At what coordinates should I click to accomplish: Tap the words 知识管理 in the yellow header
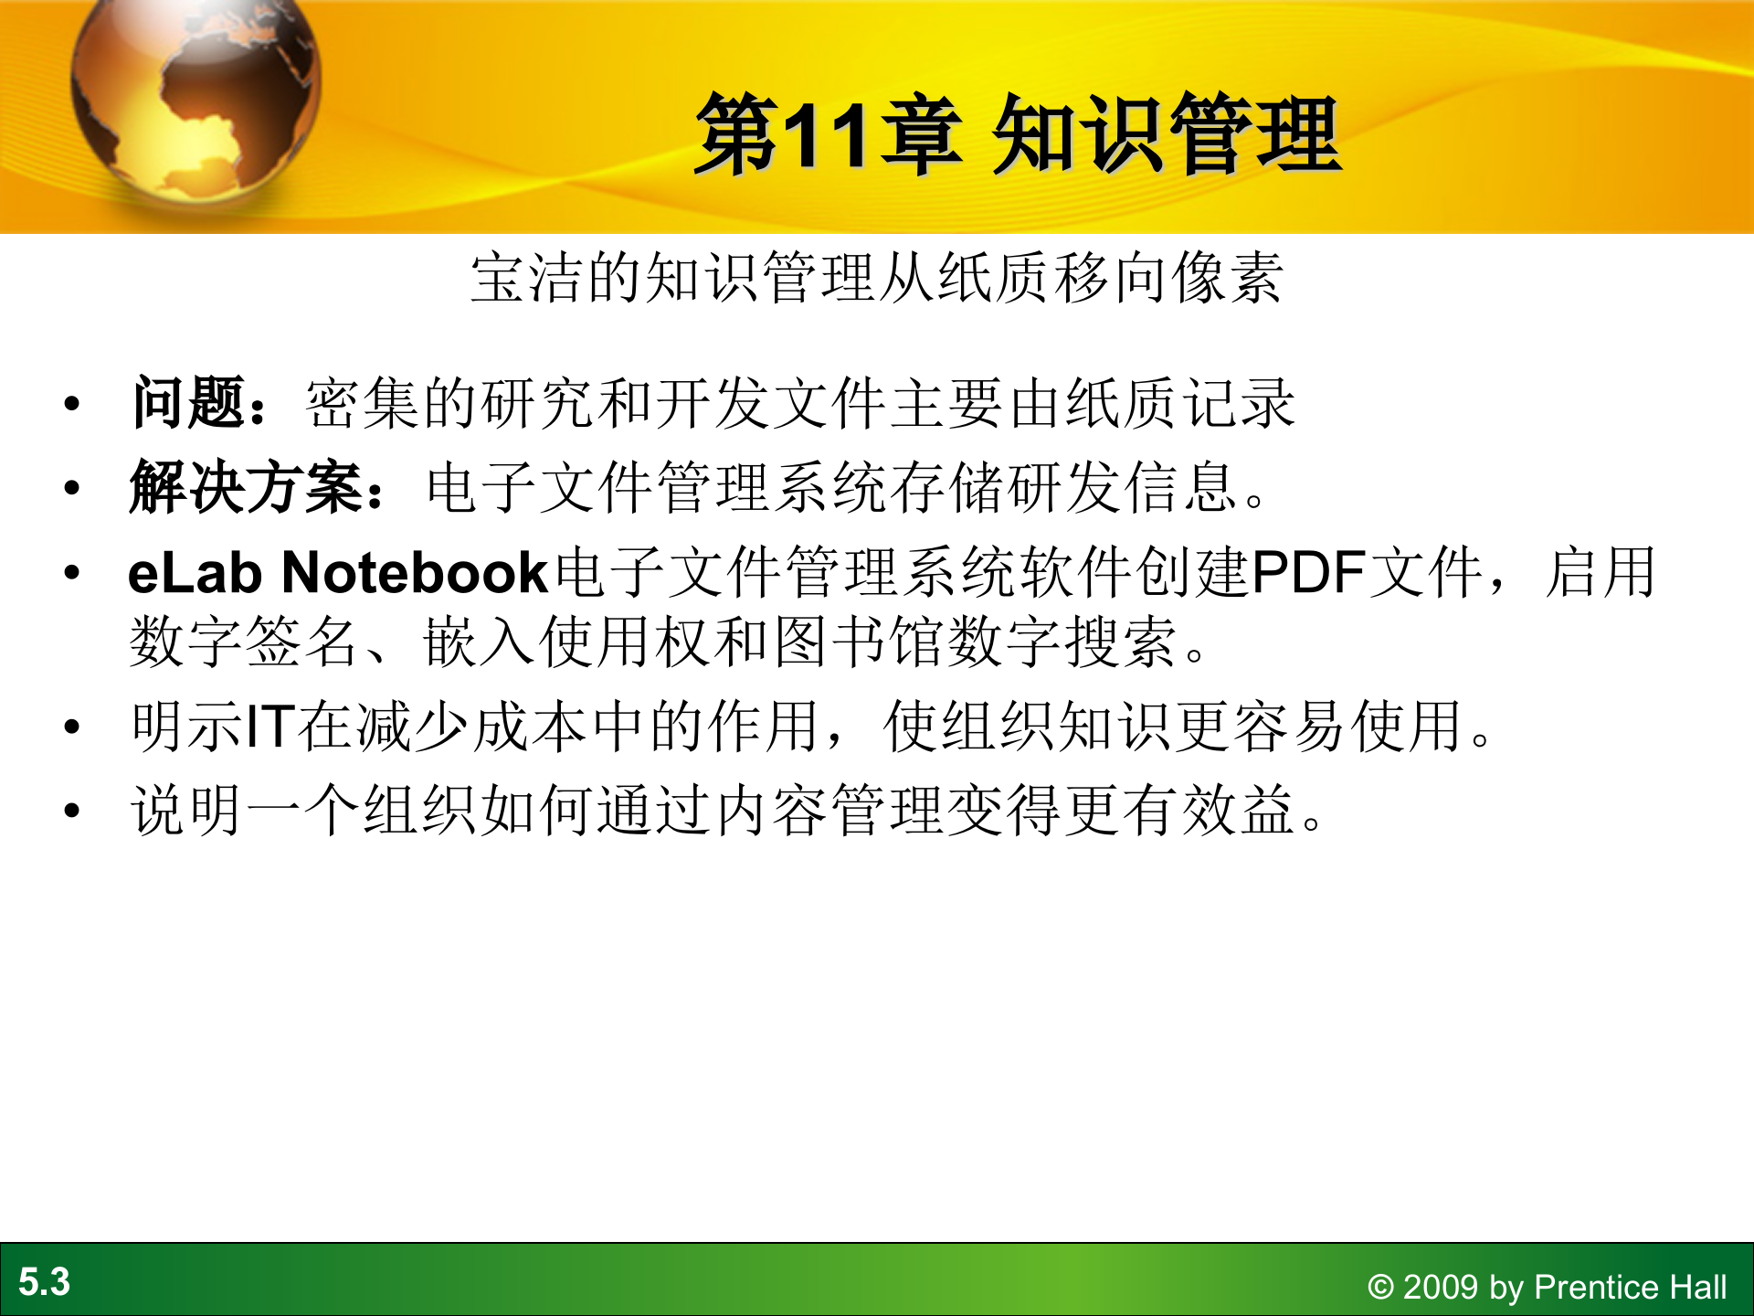coord(1168,135)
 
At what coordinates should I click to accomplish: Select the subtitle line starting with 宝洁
coord(877,278)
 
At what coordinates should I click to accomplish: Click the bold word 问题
coord(188,403)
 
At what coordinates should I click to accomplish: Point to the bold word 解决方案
coord(247,487)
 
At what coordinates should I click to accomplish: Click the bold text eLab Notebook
coord(337,573)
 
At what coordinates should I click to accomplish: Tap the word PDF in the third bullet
coord(1308,573)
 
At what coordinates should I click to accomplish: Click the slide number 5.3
coord(44,1281)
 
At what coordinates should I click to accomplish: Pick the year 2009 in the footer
coord(1441,1287)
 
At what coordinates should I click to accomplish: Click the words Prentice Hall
coord(1631,1287)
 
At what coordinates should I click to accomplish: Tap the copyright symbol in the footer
coord(1380,1288)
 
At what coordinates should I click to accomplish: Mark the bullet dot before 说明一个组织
coord(72,811)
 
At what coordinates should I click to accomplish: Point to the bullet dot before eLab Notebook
coord(72,574)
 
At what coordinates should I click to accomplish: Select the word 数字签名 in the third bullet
coord(244,642)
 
